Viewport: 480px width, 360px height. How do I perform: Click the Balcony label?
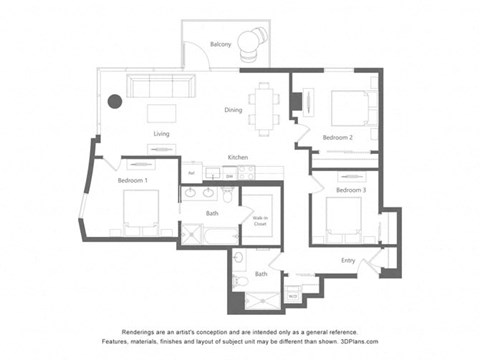221,45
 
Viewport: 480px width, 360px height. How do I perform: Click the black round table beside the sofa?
115,101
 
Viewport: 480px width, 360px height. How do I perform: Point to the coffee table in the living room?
161,113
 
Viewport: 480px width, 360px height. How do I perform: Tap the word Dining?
233,110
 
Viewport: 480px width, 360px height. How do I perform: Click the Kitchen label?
237,157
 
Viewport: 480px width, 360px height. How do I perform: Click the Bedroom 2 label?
337,137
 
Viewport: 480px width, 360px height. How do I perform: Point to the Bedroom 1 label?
132,180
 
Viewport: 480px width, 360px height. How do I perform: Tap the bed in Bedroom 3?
343,216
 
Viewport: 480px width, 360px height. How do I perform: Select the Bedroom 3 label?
350,190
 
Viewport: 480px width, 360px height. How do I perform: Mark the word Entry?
347,261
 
